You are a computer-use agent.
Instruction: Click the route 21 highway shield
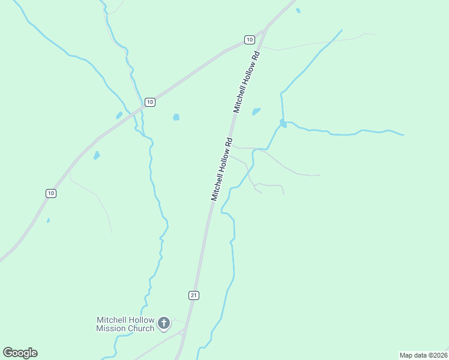(x=193, y=295)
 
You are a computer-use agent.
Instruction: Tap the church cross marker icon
(x=164, y=324)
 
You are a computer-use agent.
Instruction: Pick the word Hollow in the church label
(x=140, y=320)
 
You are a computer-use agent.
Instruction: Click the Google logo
(x=20, y=352)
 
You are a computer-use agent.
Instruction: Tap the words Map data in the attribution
(x=412, y=355)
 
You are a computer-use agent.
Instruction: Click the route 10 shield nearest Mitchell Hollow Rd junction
(x=249, y=40)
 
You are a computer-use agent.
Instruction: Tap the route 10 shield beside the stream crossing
(x=150, y=102)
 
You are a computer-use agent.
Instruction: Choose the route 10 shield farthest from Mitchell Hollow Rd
(x=51, y=193)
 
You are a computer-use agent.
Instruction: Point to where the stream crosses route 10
(x=141, y=109)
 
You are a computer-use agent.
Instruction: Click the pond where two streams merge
(x=283, y=124)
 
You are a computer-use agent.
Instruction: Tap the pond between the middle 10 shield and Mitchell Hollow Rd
(x=176, y=117)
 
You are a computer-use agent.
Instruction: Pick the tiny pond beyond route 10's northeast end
(x=298, y=10)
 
